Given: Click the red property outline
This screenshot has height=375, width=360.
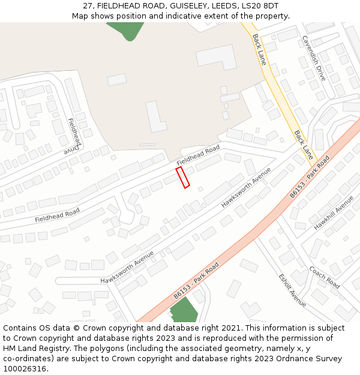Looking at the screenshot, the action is click(182, 178).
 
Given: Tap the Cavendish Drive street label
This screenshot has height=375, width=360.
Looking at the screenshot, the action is click(313, 58).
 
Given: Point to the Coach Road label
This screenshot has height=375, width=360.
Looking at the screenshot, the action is click(325, 277).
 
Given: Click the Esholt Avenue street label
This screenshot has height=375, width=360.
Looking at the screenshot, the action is click(292, 290).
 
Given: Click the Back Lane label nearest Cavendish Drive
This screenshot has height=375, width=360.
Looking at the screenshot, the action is click(259, 49).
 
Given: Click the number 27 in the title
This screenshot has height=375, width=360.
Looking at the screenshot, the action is click(88, 6).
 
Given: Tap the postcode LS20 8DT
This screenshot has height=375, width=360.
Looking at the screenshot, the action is click(259, 6).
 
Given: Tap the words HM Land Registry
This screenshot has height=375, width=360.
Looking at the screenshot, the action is click(37, 349).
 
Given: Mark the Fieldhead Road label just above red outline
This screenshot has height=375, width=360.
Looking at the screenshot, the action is click(199, 155).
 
